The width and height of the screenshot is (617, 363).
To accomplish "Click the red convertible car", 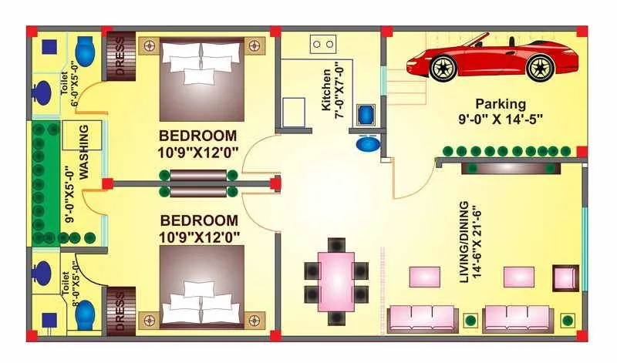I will tap(492, 59).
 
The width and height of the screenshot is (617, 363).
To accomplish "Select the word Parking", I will tap(500, 103).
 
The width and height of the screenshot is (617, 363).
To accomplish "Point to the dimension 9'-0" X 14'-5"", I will tap(500, 119).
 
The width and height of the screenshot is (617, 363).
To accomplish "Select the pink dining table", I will tap(336, 276).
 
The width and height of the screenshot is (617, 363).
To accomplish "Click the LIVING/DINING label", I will tap(464, 243).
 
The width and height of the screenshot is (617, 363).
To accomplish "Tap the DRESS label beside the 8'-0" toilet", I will tap(120, 311).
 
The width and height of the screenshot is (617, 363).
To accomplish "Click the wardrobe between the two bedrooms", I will tap(198, 184).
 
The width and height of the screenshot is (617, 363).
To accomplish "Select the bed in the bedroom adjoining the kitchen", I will tap(201, 77).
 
